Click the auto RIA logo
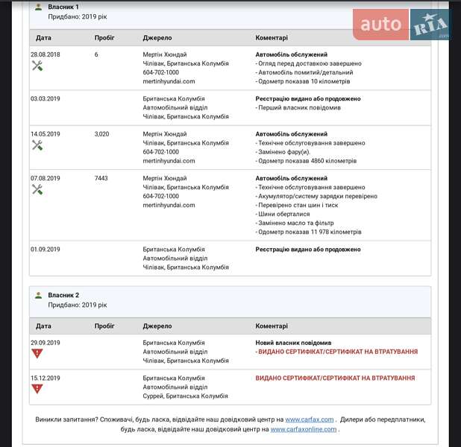402,25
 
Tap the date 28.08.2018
46,54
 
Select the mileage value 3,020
102,134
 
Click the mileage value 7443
101,179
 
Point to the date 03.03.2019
46,98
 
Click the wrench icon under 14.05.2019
37,145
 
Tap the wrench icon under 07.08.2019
37,189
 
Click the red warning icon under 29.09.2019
37,353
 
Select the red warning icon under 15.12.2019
37,388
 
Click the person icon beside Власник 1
39,7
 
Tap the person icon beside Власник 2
39,295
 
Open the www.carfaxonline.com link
304,429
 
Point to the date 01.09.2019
46,250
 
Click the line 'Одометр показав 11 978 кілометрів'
309,232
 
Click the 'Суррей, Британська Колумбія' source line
186,396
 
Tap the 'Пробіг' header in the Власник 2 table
104,326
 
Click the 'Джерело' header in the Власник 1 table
157,38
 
